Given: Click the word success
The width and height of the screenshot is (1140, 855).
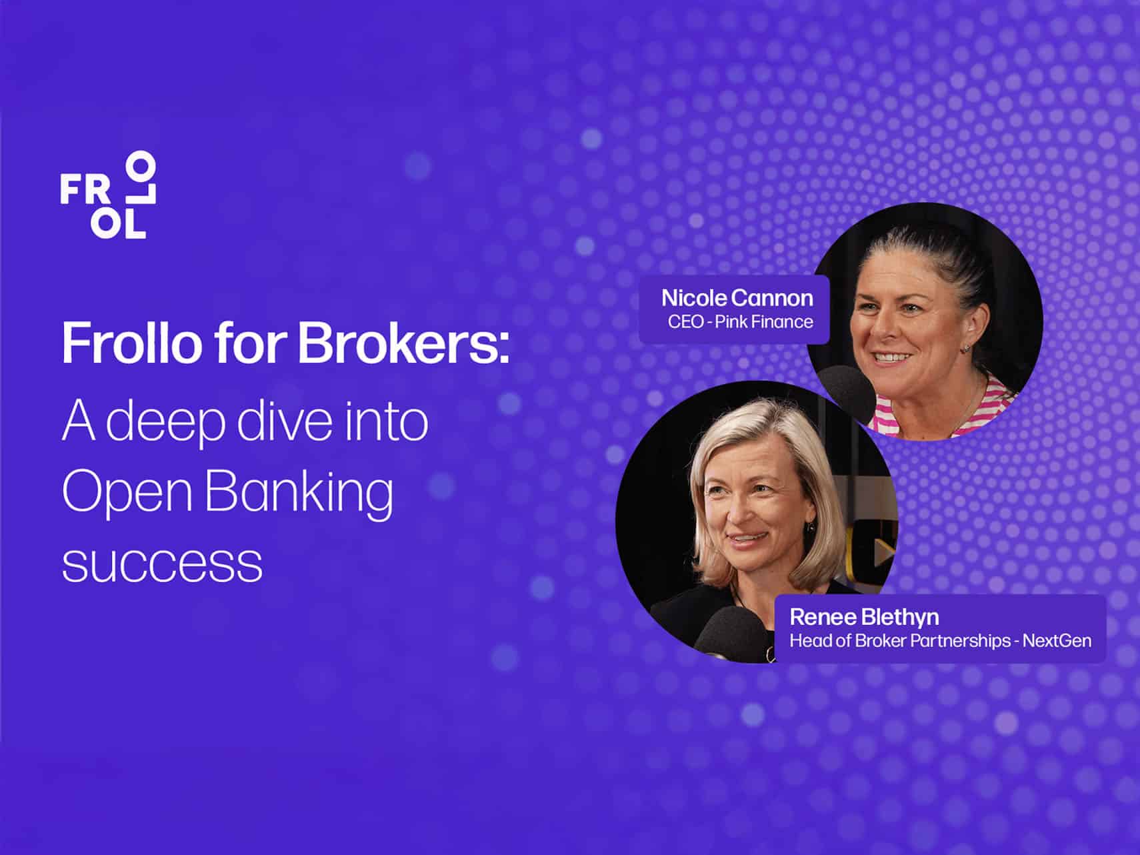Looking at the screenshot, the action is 162,566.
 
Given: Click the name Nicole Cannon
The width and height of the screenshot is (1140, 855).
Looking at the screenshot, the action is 737,297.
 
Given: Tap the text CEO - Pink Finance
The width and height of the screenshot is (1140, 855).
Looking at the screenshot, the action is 740,322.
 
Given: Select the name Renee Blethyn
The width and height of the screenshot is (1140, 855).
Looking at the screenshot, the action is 864,617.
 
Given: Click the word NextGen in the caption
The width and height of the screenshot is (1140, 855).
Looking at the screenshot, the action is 1057,641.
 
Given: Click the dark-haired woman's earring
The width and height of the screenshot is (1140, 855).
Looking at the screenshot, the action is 965,349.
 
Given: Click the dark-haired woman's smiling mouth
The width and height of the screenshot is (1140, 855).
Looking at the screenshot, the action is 892,357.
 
